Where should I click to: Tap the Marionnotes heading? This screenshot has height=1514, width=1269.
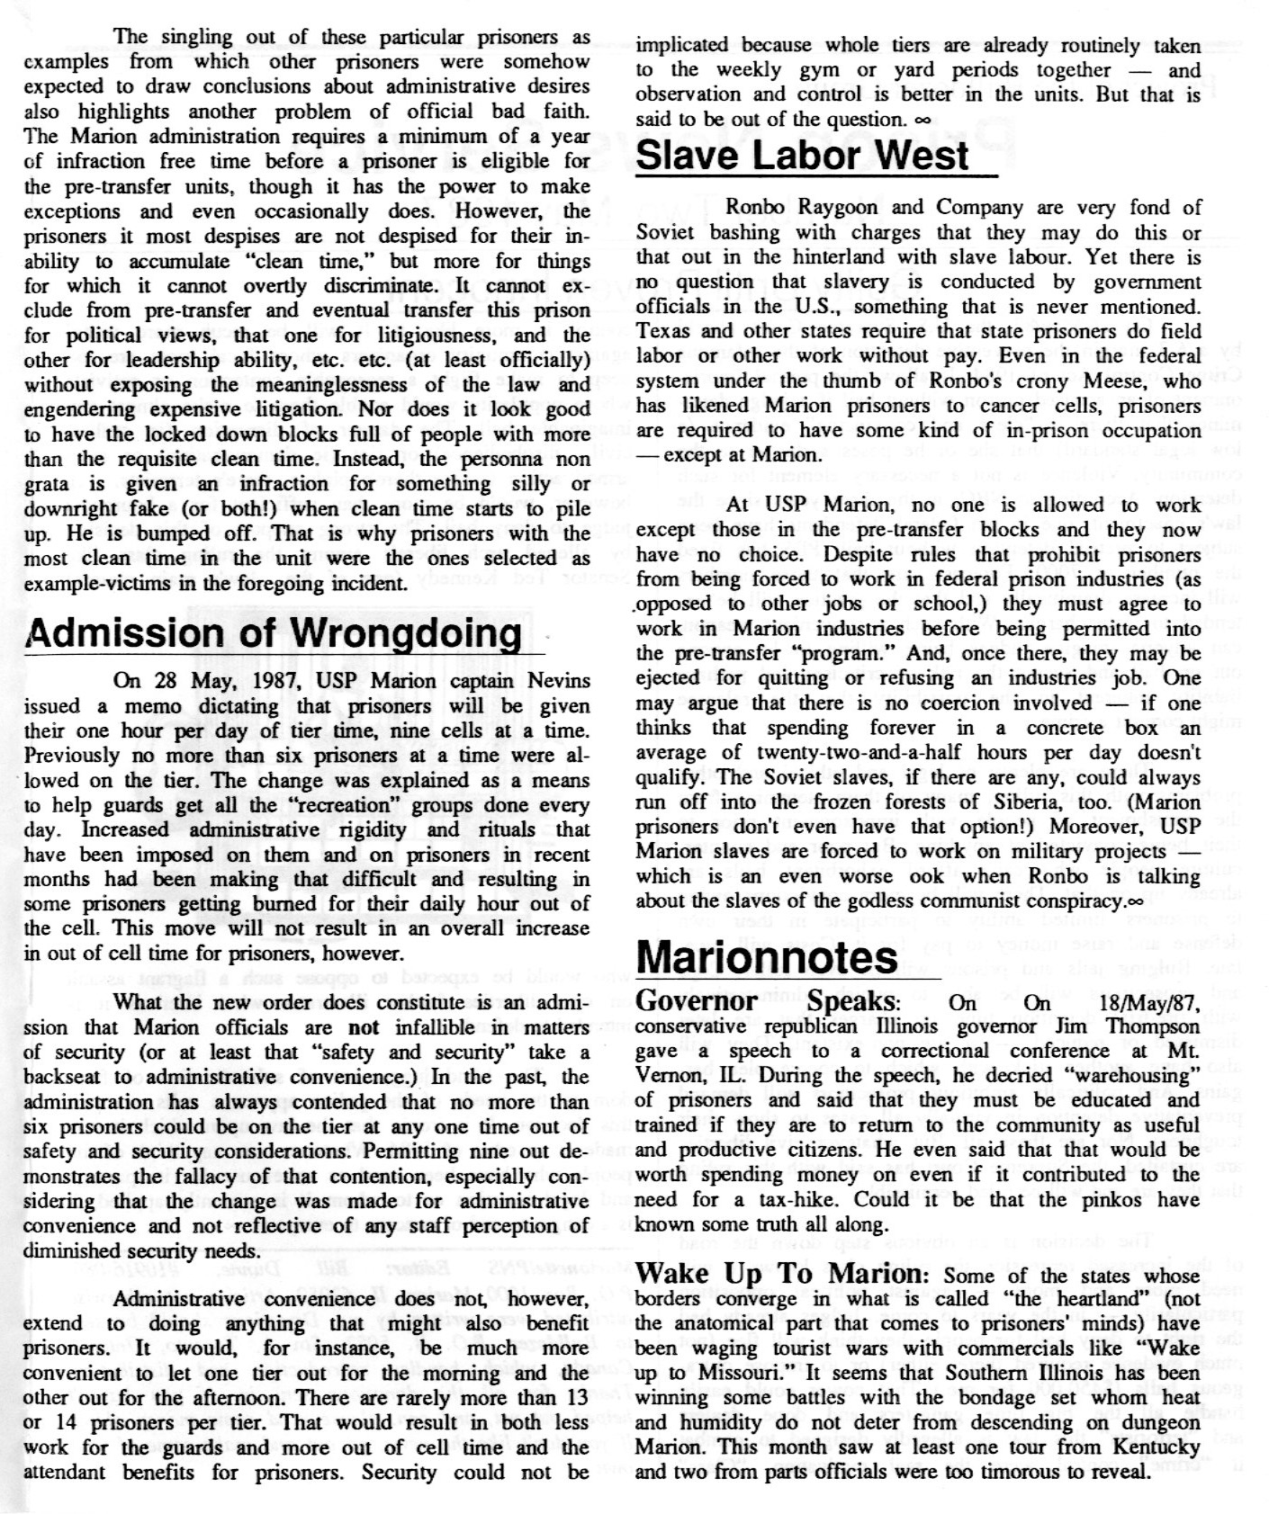767,957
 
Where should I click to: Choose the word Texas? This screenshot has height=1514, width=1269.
663,331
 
